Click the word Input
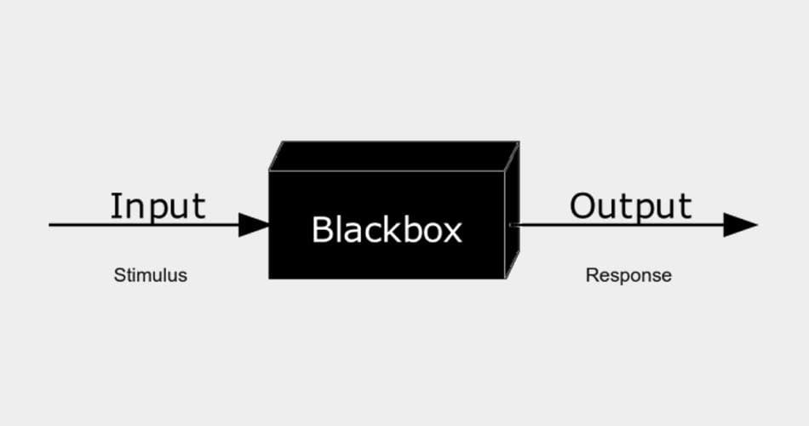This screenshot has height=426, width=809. (158, 206)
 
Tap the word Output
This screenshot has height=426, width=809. (631, 206)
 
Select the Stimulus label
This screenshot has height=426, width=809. (150, 276)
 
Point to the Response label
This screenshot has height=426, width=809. (628, 276)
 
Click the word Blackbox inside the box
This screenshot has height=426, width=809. (387, 229)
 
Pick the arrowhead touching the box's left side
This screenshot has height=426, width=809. (254, 225)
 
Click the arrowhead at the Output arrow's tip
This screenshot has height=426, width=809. (739, 225)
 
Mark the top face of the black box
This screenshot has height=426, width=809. (394, 156)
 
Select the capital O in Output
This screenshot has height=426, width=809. (582, 206)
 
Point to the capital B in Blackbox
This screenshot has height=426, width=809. (322, 229)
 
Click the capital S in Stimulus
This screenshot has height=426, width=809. (119, 276)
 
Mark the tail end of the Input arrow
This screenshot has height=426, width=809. (51, 225)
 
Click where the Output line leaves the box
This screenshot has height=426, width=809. (511, 225)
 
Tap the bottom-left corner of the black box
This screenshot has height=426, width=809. (270, 278)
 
